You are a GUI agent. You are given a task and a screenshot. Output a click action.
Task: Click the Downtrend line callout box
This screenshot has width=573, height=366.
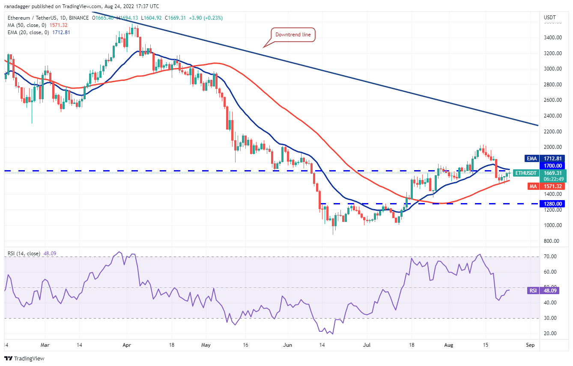(x=293, y=35)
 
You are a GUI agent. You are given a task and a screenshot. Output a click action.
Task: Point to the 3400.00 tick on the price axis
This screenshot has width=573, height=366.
(x=552, y=38)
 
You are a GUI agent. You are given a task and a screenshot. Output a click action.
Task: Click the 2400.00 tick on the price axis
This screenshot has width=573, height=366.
(x=552, y=116)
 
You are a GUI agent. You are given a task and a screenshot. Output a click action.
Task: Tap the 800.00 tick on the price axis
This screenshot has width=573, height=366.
(x=552, y=241)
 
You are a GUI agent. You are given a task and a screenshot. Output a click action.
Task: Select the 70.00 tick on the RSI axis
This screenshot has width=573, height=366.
(x=550, y=257)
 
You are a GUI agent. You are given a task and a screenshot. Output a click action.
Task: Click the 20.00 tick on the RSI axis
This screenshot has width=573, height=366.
(x=550, y=334)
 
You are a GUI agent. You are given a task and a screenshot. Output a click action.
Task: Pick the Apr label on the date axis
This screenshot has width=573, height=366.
(x=126, y=344)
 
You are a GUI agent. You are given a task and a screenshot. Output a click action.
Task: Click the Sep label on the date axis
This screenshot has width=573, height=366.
(x=531, y=344)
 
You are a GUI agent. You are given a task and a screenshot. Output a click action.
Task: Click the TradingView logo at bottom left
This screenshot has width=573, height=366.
(x=24, y=358)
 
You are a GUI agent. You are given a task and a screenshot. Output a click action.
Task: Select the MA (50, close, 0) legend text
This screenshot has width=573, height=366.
(x=27, y=26)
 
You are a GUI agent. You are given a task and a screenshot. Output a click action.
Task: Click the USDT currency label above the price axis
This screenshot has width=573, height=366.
(x=550, y=18)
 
